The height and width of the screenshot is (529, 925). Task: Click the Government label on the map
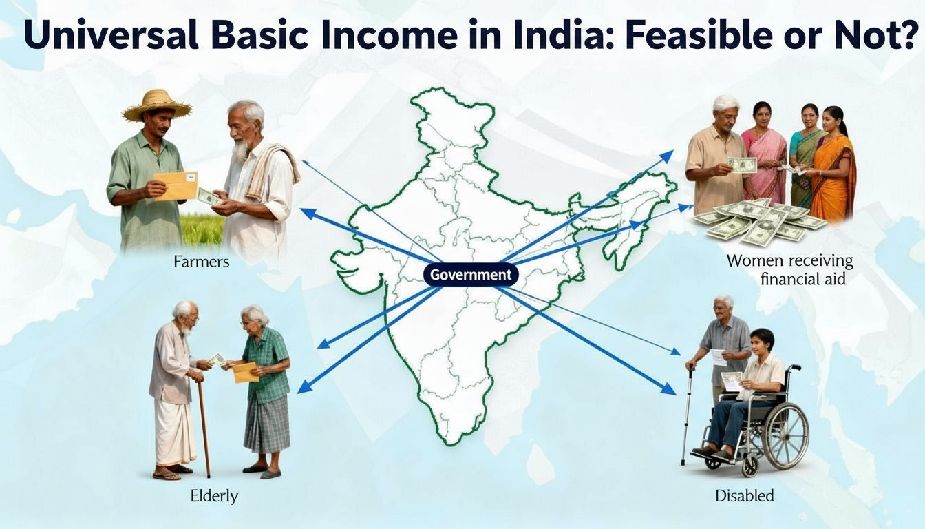click(471, 275)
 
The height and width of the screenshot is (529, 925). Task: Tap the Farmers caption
click(202, 262)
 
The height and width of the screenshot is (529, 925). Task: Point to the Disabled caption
click(745, 495)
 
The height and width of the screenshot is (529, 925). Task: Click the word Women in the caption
click(756, 261)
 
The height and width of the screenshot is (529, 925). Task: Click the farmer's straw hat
click(157, 105)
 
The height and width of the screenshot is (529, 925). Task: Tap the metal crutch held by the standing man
click(687, 413)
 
